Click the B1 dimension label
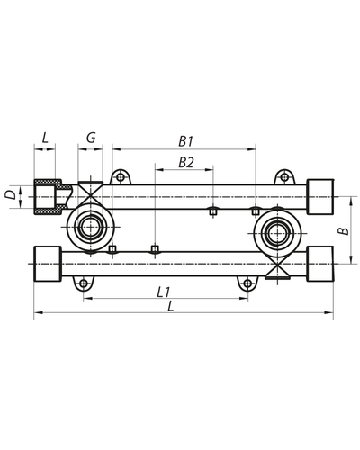pos(186,140)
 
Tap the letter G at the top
pos(91,138)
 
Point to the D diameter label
pos(10,193)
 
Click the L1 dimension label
pos(164,292)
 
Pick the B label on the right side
pos(342,231)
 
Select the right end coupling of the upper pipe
pos(319,195)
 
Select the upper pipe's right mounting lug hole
pos(283,175)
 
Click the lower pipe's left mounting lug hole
pos(84,283)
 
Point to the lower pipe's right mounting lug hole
pos(246,283)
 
